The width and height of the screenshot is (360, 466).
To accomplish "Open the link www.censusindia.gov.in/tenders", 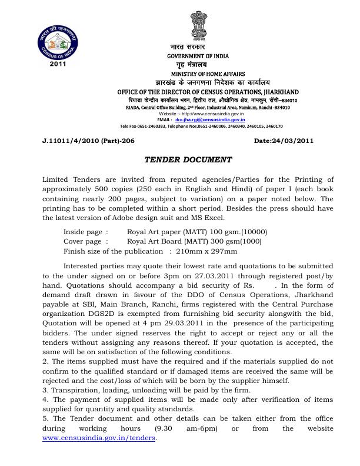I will click(x=99, y=438).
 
